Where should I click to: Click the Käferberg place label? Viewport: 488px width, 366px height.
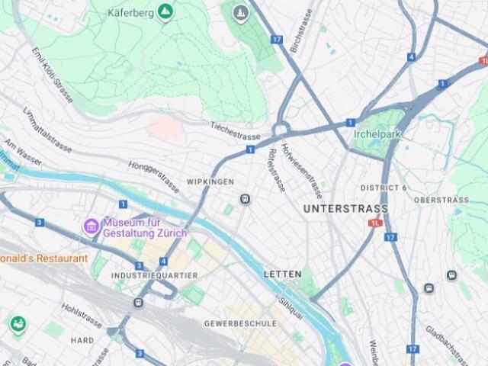[131, 13]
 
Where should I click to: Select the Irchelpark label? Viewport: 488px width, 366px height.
[377, 133]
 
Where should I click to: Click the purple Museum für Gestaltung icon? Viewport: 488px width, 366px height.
[91, 226]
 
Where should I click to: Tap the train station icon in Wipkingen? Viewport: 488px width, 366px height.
[246, 199]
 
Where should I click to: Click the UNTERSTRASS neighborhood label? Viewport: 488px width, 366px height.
[345, 208]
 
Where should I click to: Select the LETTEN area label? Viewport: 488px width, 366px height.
[282, 274]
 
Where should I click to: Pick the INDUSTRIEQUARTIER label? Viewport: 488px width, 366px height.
[154, 275]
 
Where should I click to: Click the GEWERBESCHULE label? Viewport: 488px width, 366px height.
[240, 323]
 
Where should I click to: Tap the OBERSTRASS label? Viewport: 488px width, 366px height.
[441, 200]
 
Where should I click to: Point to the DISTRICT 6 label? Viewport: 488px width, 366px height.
[384, 188]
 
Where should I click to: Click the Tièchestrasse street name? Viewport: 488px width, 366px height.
[236, 130]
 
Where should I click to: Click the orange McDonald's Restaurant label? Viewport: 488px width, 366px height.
[43, 258]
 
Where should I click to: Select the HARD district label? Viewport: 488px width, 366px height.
[82, 340]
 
